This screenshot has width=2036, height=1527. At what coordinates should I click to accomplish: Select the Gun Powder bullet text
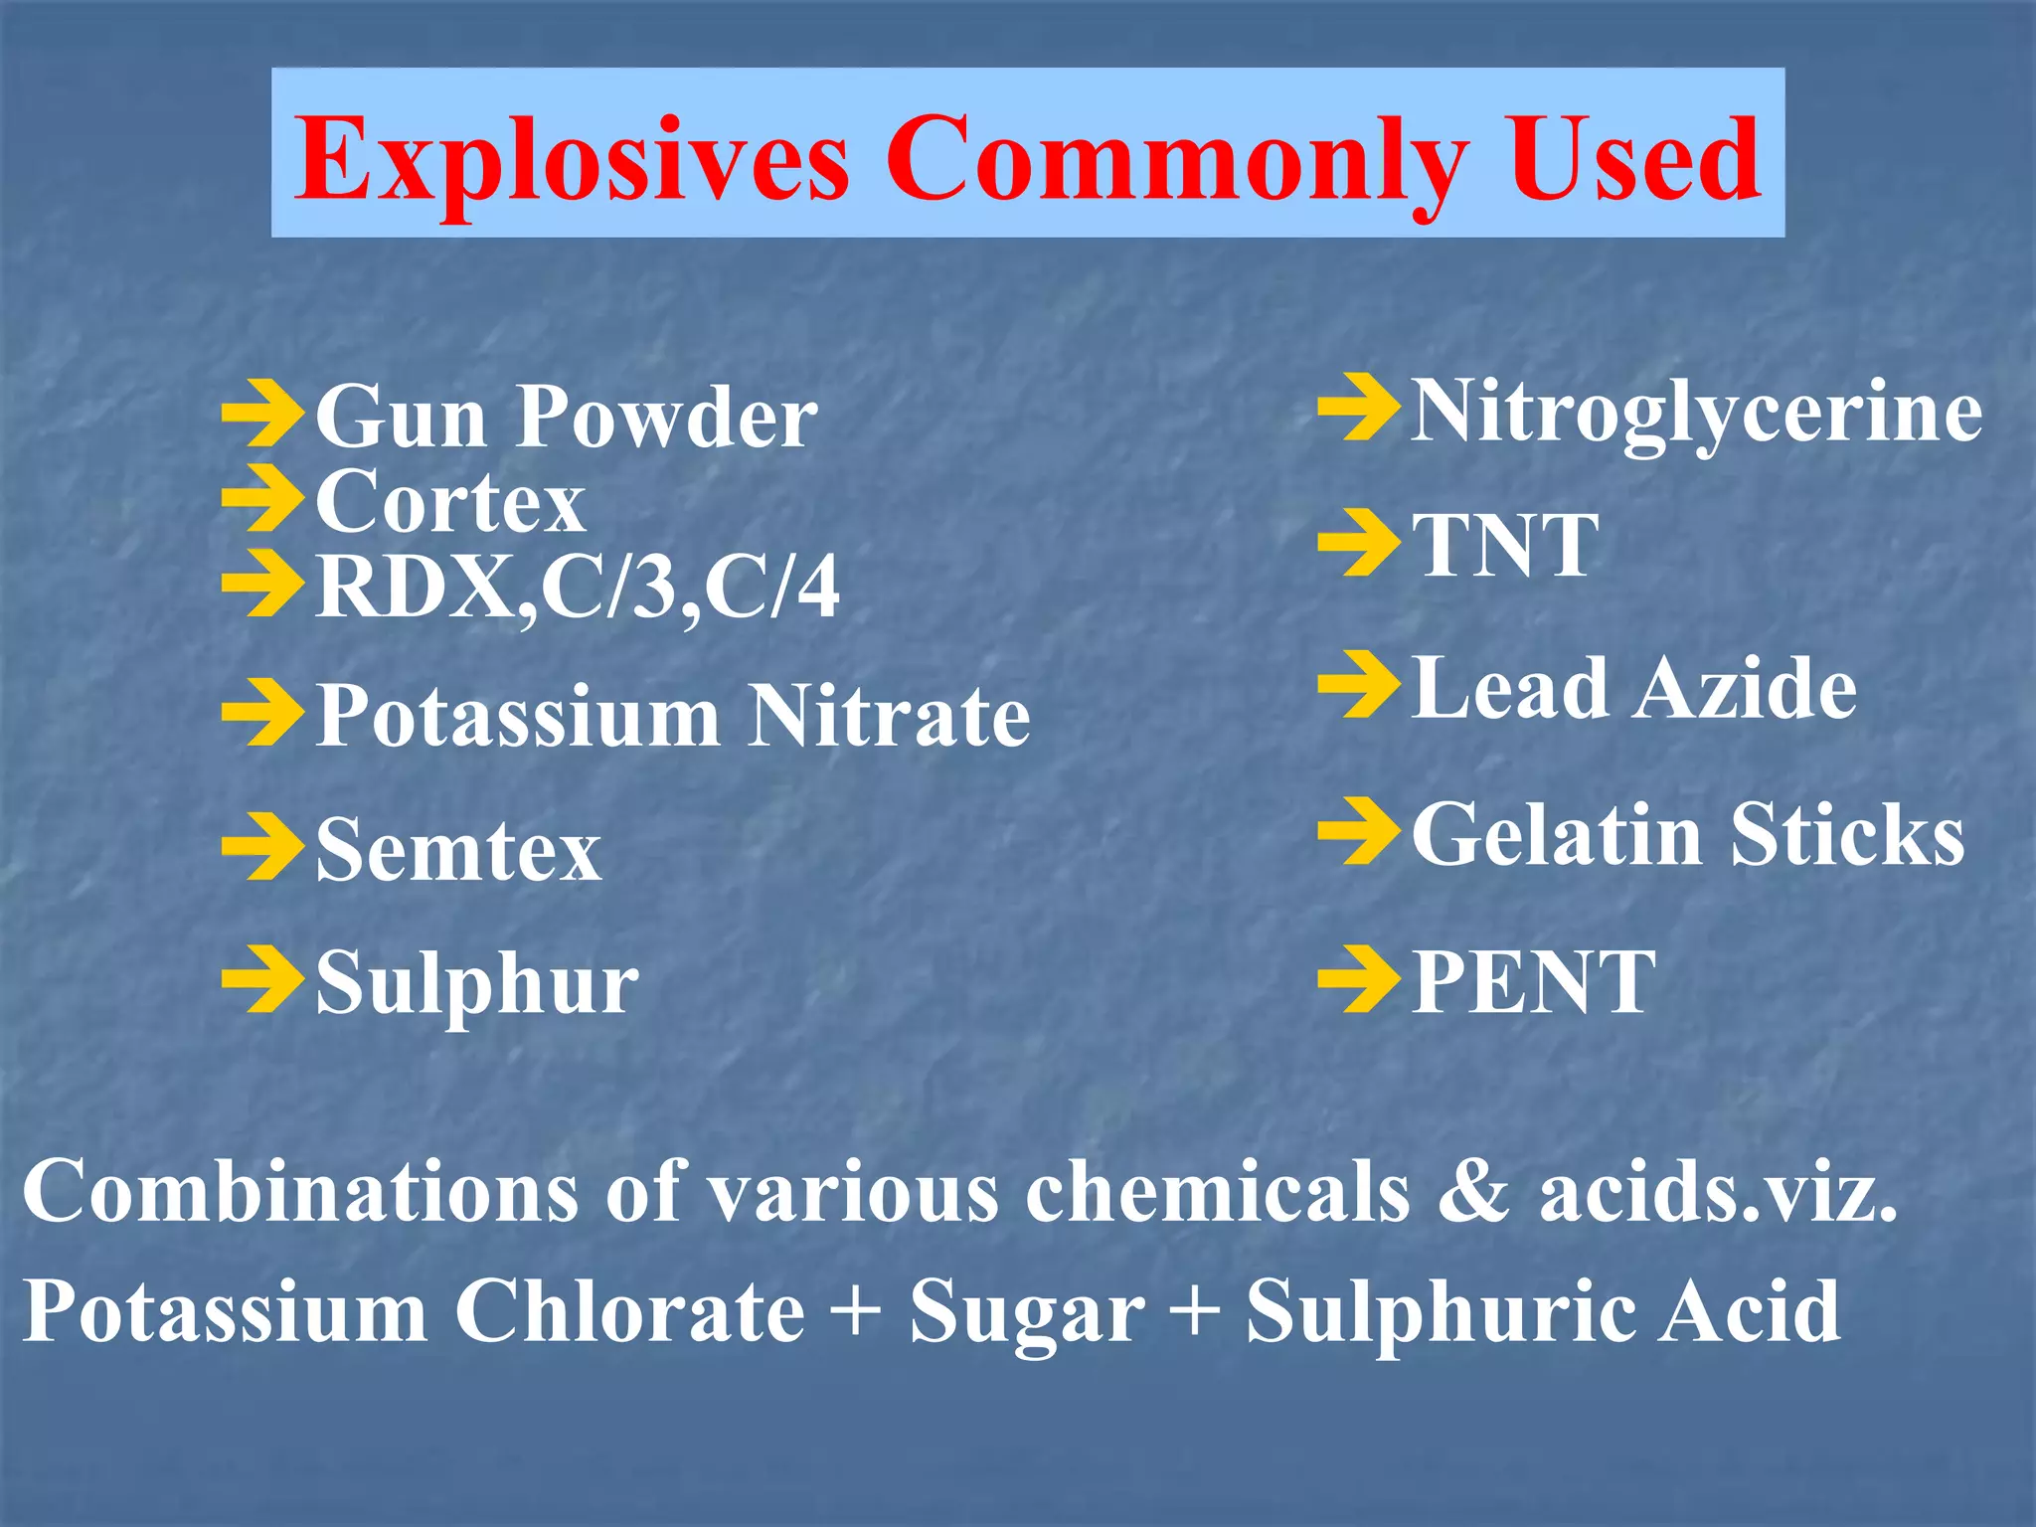click(x=566, y=418)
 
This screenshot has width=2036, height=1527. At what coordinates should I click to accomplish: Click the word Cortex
click(x=449, y=502)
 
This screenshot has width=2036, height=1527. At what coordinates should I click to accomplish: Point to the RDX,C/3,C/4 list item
click(x=577, y=588)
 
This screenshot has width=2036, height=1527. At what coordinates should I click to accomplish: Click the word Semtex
click(x=458, y=850)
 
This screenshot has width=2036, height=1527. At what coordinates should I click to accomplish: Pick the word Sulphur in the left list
click(x=477, y=984)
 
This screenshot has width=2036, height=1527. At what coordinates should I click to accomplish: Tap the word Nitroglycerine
click(x=1696, y=412)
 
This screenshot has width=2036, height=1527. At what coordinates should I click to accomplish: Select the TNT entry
click(x=1505, y=546)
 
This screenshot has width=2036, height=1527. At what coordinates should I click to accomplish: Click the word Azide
click(x=1745, y=688)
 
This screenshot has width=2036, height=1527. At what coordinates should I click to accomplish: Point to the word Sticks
click(x=1847, y=835)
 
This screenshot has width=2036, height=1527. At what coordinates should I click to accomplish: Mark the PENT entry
click(x=1533, y=982)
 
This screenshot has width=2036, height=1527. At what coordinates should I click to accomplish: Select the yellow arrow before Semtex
click(x=261, y=846)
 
